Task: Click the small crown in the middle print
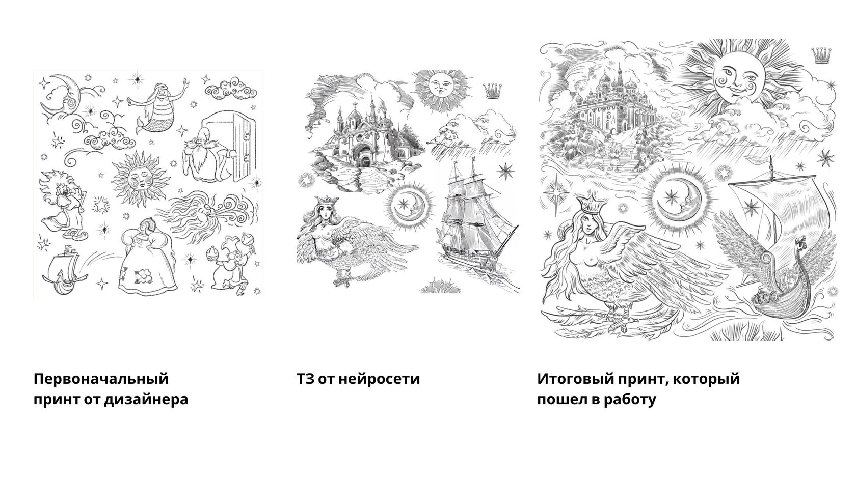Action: click(491, 90)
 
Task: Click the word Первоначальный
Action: click(101, 379)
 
